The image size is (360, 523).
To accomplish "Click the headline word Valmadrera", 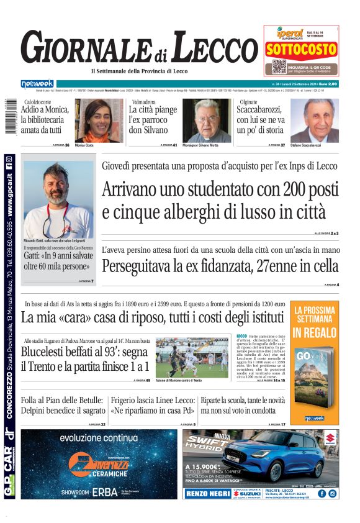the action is [142, 101].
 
